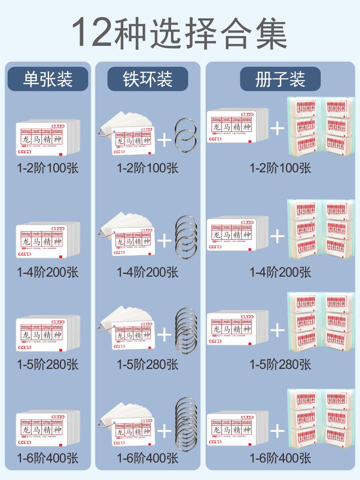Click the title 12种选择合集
(180, 32)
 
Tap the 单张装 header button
(48, 79)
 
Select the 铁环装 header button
(148, 79)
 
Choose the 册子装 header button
(280, 79)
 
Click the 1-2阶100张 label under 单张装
(48, 168)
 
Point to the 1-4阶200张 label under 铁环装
(148, 272)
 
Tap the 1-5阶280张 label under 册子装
(280, 364)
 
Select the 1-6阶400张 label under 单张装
(48, 458)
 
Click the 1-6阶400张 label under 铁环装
(148, 458)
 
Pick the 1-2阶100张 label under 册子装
(280, 168)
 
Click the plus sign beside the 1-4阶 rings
(164, 242)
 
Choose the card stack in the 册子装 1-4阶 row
(237, 234)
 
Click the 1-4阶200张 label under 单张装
(48, 272)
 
